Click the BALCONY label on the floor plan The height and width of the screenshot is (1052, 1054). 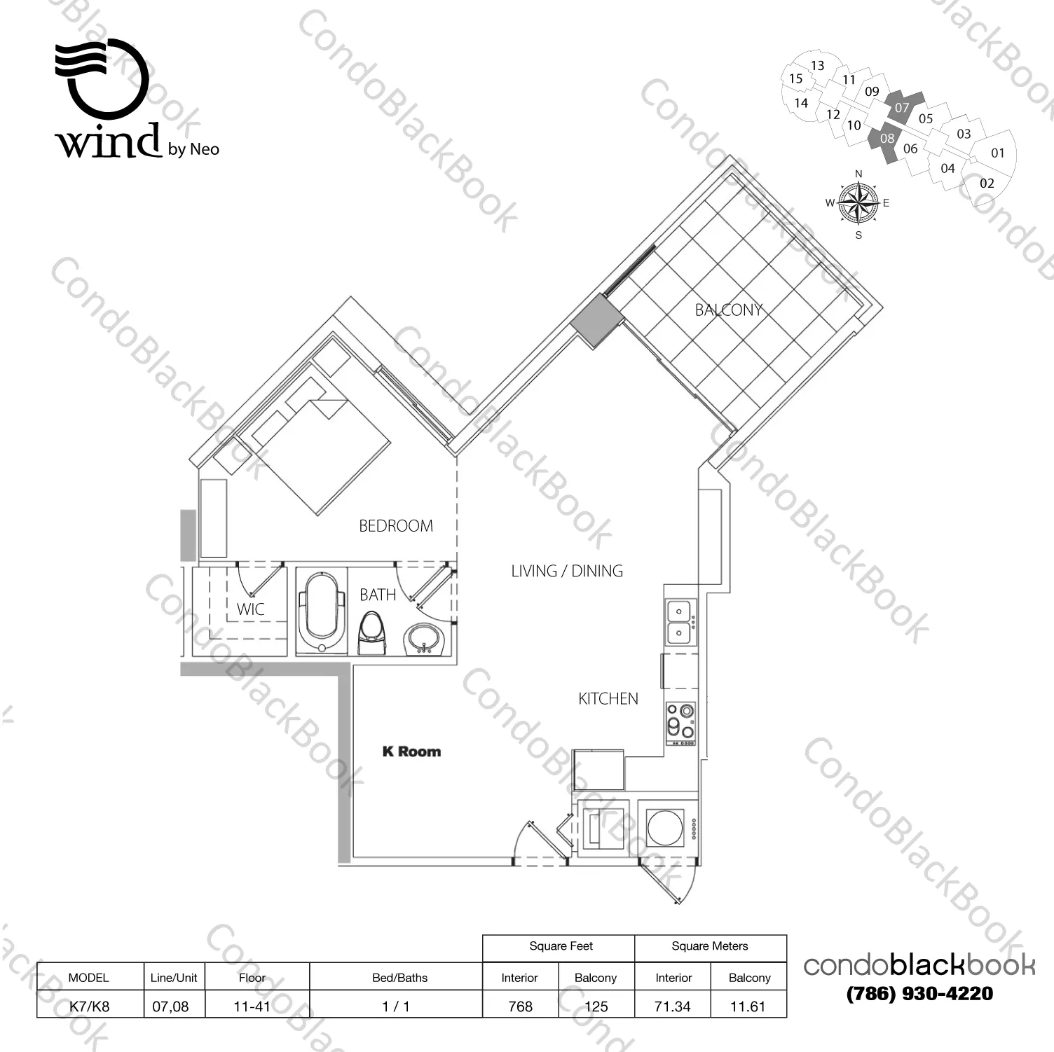pos(728,310)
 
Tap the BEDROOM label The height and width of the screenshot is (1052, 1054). pos(395,526)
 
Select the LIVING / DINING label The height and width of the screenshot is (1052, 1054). pos(567,571)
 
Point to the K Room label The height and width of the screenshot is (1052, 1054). pos(411,752)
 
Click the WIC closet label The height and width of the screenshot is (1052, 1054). pos(250,609)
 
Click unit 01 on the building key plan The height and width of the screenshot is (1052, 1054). pos(997,153)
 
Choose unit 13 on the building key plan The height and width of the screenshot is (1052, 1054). pos(817,66)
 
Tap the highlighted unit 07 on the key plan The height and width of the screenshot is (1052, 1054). pos(902,107)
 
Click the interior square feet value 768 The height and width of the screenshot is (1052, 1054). pos(520,1006)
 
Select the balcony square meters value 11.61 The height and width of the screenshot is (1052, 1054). pos(748,1006)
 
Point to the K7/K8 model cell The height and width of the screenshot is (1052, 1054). pos(89,1006)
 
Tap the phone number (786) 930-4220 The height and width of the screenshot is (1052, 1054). pos(919,993)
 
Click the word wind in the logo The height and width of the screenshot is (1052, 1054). pos(109,141)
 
